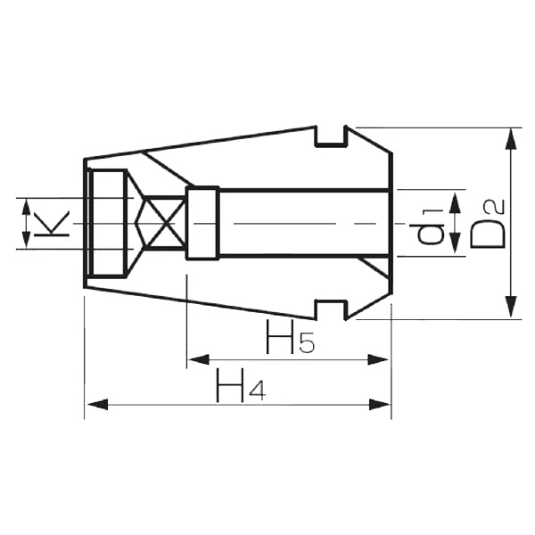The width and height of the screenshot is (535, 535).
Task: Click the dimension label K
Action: tap(55, 223)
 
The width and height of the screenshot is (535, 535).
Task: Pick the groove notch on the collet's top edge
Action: tap(331, 136)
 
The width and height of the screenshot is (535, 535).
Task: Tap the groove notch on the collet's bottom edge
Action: tap(331, 310)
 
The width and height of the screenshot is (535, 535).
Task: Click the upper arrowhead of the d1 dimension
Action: tap(456, 198)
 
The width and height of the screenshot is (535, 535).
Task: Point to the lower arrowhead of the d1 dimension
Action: tap(456, 249)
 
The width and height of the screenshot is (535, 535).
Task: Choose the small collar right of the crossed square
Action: tap(202, 223)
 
